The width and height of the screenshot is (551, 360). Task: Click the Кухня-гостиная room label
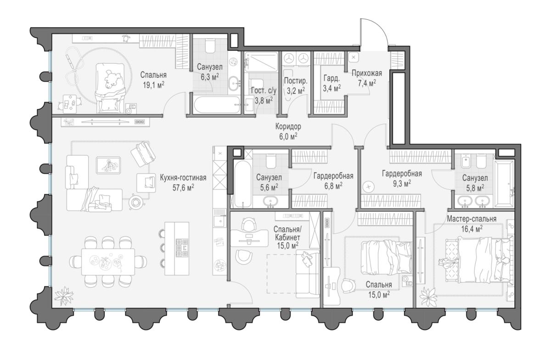[183, 178]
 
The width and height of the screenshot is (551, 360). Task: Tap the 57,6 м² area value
[183, 188]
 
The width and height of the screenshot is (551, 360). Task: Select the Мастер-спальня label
[472, 219]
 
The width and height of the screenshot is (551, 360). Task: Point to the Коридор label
[288, 127]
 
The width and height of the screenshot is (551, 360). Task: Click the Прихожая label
[367, 73]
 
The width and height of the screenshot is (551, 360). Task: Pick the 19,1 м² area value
[154, 85]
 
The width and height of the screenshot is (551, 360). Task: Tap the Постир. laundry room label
[296, 81]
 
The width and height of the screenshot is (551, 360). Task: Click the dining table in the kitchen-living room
[108, 262]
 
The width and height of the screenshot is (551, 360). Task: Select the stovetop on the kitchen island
[182, 247]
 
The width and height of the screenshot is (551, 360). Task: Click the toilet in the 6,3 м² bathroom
[210, 46]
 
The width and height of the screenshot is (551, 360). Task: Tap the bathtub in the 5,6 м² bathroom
[243, 184]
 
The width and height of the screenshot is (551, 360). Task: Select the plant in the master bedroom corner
[428, 296]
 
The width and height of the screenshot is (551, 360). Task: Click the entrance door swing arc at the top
[374, 32]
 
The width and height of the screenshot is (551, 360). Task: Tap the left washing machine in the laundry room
[289, 59]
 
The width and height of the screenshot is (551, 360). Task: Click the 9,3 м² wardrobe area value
[402, 184]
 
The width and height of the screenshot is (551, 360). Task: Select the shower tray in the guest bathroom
[261, 62]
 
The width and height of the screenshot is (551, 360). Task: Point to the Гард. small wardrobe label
[332, 79]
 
